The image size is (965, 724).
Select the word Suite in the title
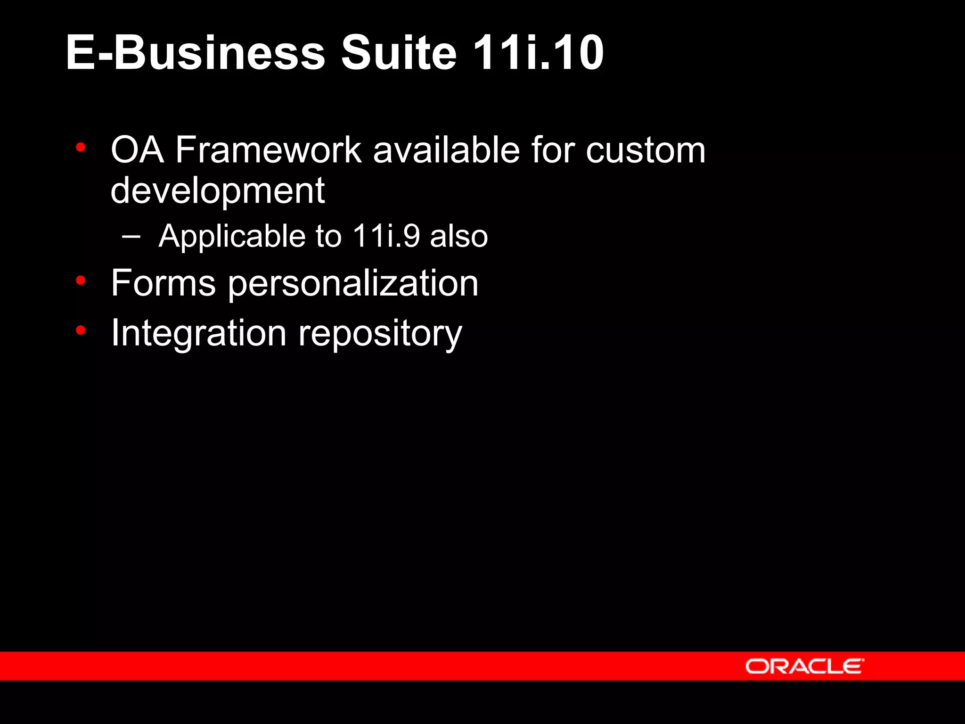click(399, 53)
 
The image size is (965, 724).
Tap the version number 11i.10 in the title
click(538, 53)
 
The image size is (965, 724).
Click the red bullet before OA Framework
click(81, 148)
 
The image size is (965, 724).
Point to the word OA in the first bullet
click(137, 150)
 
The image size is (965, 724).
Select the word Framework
click(268, 150)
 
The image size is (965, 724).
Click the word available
click(447, 150)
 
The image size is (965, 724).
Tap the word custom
click(646, 150)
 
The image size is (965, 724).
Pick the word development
click(217, 191)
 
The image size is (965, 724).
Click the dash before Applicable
click(131, 236)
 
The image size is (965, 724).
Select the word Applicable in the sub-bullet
click(232, 236)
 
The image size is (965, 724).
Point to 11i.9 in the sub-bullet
click(386, 236)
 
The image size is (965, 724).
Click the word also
click(459, 236)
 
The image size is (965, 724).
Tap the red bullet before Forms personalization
click(81, 280)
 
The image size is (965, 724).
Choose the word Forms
click(163, 283)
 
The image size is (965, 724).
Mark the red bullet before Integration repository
click(81, 330)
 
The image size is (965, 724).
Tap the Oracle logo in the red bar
click(804, 666)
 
